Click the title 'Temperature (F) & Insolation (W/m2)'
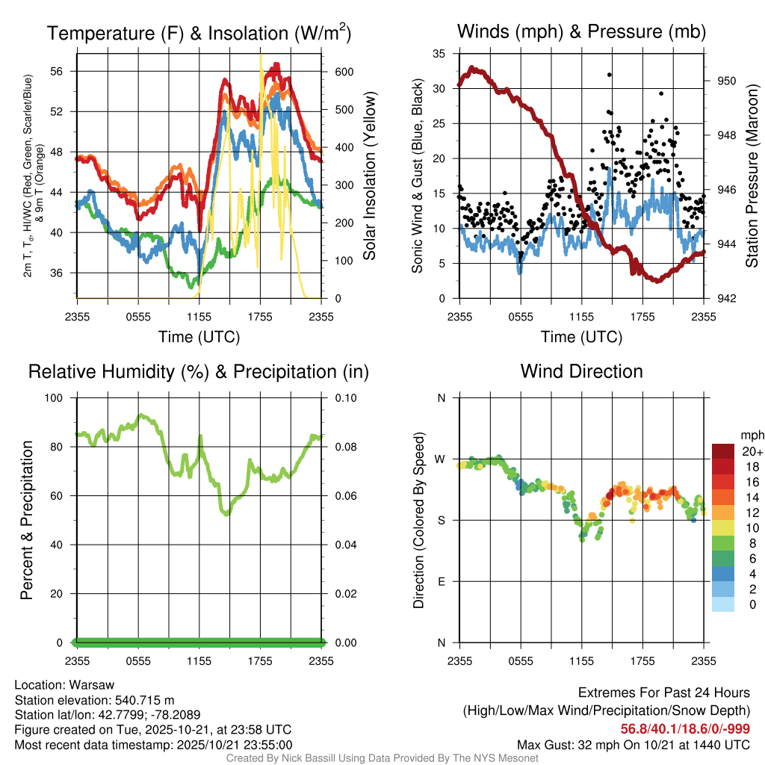pos(199,33)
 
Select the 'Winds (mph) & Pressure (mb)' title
pos(581,31)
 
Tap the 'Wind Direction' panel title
pos(581,371)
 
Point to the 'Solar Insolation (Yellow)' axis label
pos(369,176)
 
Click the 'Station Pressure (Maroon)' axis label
pos(752,176)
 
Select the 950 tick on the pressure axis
pos(727,81)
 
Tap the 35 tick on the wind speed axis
pos(439,54)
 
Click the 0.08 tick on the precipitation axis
pos(345,447)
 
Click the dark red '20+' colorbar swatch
pos(723,451)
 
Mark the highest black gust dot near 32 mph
pos(610,75)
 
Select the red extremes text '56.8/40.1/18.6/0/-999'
pos(685,729)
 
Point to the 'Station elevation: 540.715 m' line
pos(94,700)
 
